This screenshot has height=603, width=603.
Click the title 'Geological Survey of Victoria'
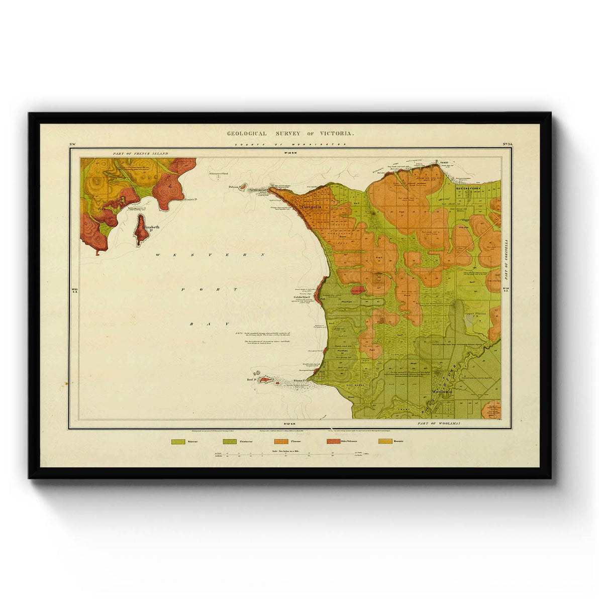290,134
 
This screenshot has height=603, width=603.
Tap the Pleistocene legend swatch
229,442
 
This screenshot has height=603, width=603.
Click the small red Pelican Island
242,187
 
